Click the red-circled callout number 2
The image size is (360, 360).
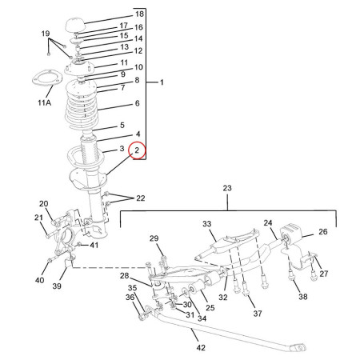click(138, 150)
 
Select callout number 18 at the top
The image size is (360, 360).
click(140, 14)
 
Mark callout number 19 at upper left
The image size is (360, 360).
click(46, 34)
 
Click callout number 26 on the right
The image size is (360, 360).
click(323, 233)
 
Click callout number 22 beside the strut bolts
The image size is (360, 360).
click(141, 198)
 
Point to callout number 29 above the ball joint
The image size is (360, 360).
click(154, 238)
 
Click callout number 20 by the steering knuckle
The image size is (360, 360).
click(44, 204)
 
